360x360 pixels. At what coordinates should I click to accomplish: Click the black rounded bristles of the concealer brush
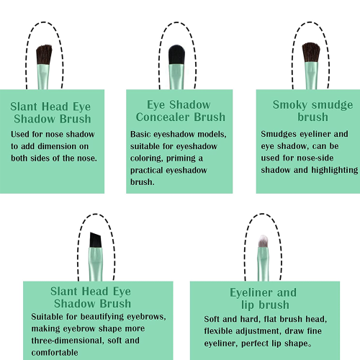[177, 55]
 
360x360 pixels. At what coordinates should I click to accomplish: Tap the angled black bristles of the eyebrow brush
[96, 240]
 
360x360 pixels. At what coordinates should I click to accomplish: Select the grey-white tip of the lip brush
[264, 241]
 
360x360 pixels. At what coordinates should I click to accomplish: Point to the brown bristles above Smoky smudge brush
[311, 53]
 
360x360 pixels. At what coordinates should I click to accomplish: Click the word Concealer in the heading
[163, 117]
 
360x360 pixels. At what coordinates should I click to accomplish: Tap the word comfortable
[55, 353]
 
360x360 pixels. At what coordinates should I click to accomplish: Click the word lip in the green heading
[248, 305]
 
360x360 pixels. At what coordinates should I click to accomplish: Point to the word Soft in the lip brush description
[212, 319]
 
